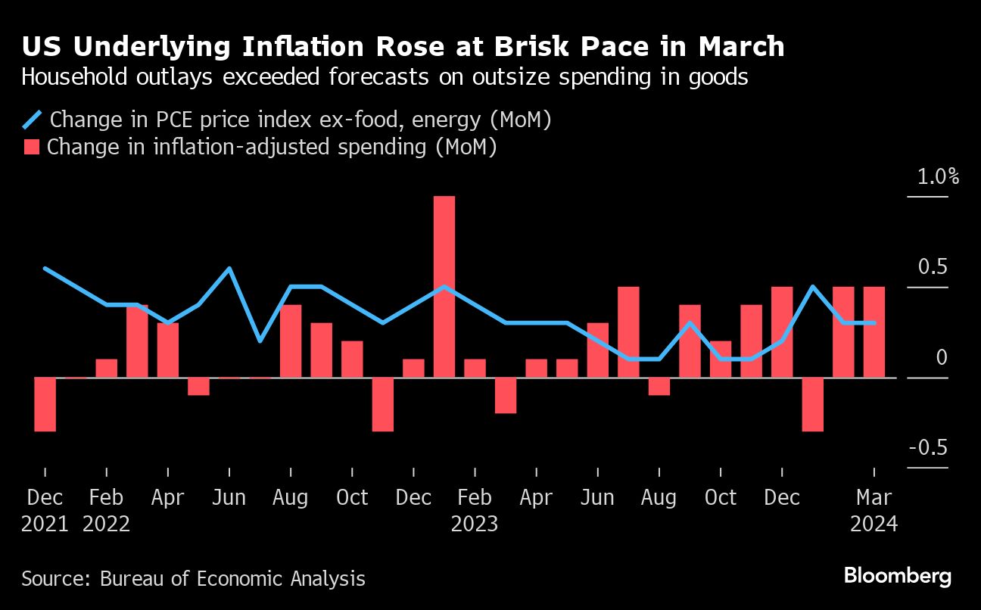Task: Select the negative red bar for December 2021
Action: click(45, 404)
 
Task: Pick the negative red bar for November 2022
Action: click(383, 404)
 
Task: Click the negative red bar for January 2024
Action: click(813, 404)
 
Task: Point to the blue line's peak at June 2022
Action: click(229, 269)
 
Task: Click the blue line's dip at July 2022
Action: click(260, 341)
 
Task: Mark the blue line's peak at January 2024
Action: click(813, 287)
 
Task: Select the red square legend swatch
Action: click(32, 147)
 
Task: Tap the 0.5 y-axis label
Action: click(933, 268)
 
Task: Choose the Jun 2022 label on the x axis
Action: click(229, 498)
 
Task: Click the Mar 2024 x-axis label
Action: click(874, 498)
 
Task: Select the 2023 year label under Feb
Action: click(475, 524)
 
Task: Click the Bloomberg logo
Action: click(897, 577)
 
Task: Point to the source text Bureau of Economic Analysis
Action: click(232, 579)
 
